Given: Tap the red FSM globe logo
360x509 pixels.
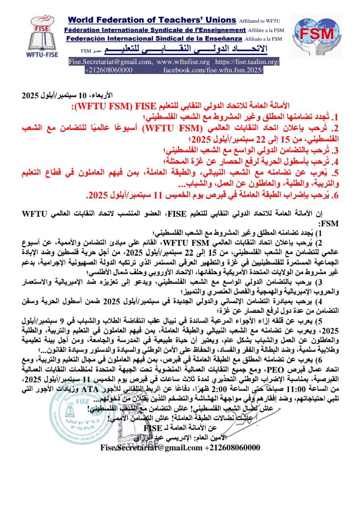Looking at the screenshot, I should tap(316, 35).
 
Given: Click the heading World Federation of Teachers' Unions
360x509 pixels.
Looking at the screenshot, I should tap(152, 20).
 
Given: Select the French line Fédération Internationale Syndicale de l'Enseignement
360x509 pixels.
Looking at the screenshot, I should tap(155, 30).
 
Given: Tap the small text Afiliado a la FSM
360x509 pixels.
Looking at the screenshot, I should tap(263, 39).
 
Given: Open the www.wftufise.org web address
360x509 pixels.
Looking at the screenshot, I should tap(183, 62).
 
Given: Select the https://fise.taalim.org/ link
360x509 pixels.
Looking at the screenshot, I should tap(247, 62).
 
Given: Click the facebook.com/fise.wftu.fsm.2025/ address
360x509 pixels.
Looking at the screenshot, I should tap(213, 70).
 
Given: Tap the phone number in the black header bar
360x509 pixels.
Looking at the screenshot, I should tap(109, 70).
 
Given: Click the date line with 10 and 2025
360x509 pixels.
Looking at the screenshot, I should tap(68, 95).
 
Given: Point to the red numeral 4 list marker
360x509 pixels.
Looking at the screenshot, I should tap(335, 162).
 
